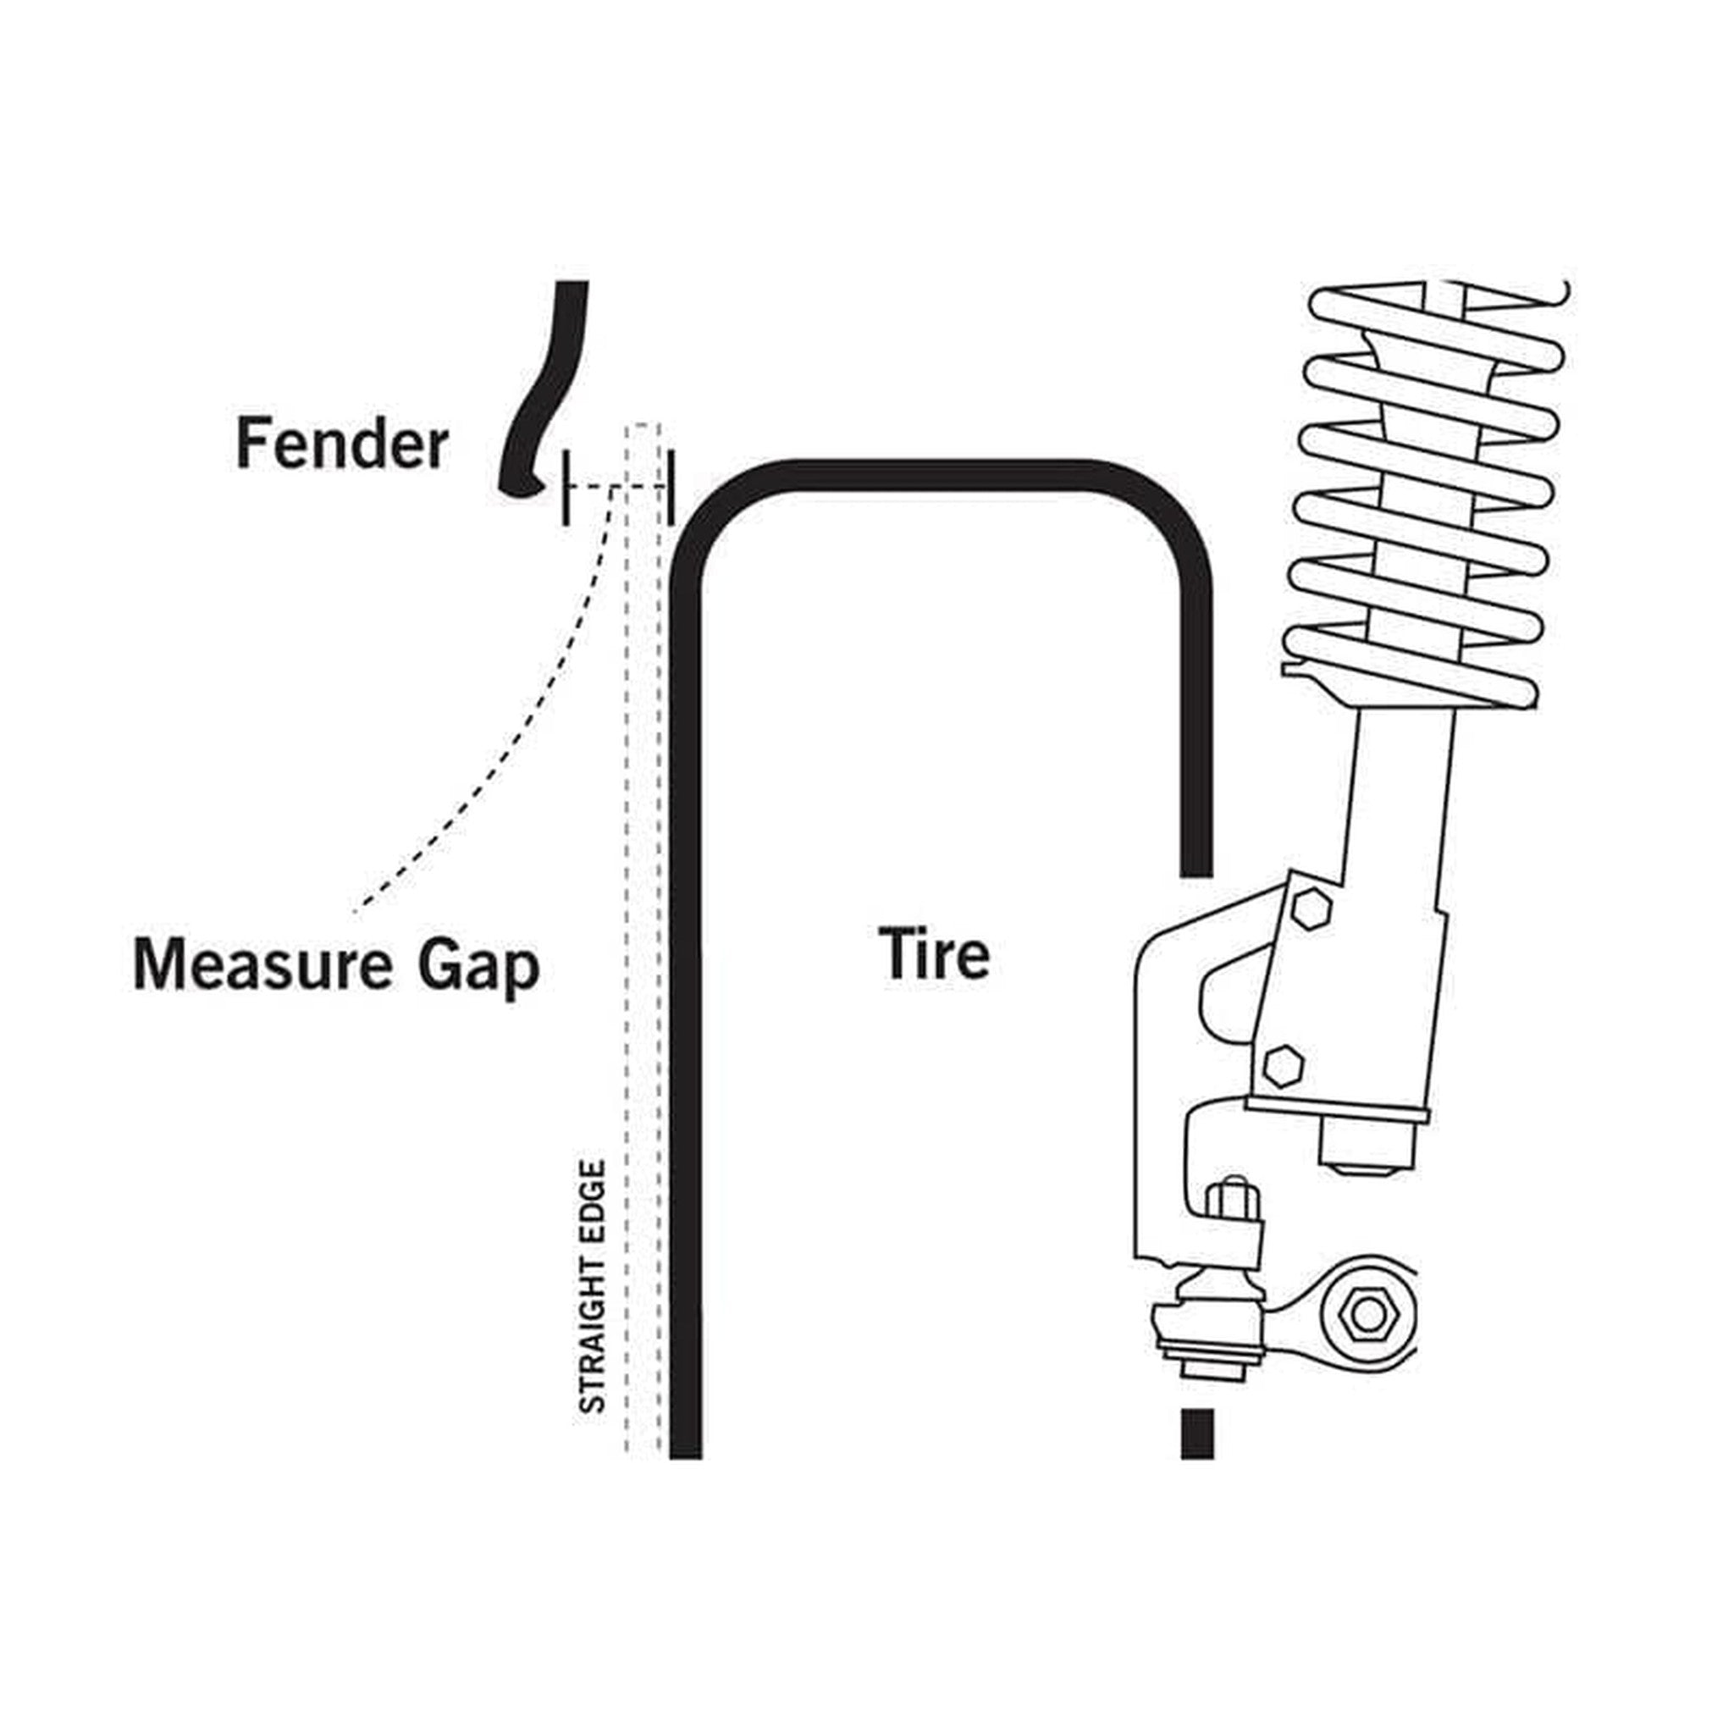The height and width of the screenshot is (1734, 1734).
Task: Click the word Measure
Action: pyautogui.click(x=262, y=965)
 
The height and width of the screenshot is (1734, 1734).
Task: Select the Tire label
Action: pyautogui.click(x=933, y=953)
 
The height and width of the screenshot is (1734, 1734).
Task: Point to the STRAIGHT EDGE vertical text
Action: pyautogui.click(x=593, y=1287)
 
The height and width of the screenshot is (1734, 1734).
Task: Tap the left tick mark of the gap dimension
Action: pyautogui.click(x=566, y=488)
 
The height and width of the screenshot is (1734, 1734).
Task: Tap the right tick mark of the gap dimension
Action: pyautogui.click(x=671, y=488)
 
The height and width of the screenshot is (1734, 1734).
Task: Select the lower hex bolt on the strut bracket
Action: pyautogui.click(x=1284, y=1065)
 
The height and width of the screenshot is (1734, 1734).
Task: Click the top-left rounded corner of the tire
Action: pyautogui.click(x=718, y=511)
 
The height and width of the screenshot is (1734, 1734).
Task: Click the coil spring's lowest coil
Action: pyautogui.click(x=1409, y=669)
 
